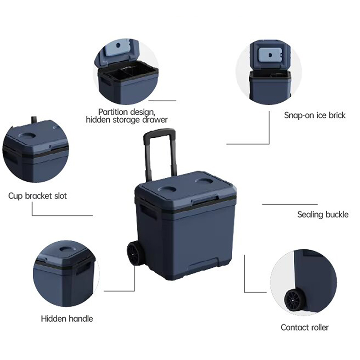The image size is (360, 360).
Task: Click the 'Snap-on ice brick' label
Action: (x=315, y=115)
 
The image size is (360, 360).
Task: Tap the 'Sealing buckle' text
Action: (x=323, y=215)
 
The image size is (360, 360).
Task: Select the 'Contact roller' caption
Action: (x=305, y=327)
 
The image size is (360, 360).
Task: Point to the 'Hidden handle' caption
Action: (x=67, y=319)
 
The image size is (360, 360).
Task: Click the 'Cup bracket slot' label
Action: (x=38, y=196)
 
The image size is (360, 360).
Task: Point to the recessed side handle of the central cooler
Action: (x=148, y=212)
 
